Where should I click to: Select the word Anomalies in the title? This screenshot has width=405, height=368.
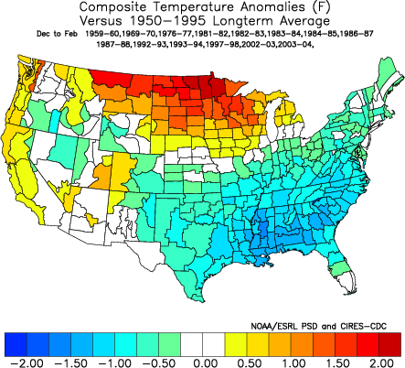[251, 7]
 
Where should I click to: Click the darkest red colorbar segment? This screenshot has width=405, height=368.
[388, 343]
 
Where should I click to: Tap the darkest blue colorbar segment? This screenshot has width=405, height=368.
[16, 343]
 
